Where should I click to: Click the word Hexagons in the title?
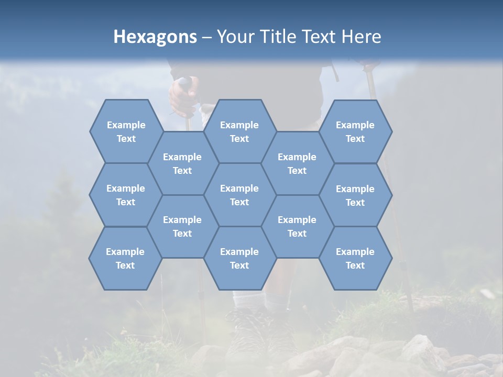pos(155,37)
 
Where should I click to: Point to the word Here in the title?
pos(361,37)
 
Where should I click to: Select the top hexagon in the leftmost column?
pos(126,131)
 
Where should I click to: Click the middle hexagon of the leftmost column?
pos(126,195)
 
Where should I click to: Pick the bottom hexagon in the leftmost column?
pos(125,258)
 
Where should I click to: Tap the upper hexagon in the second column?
pos(182,163)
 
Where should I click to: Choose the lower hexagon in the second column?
pos(182,226)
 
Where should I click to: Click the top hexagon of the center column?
pos(239,131)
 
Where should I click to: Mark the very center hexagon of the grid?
pos(239,195)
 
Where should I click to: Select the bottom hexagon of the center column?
pos(239,258)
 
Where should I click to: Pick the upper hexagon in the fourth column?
pos(297,163)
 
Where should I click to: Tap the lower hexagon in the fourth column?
pos(297,226)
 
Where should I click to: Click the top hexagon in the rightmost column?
pos(355,131)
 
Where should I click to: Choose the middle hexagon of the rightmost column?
pos(355,195)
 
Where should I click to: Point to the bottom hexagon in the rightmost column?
pos(355,258)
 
